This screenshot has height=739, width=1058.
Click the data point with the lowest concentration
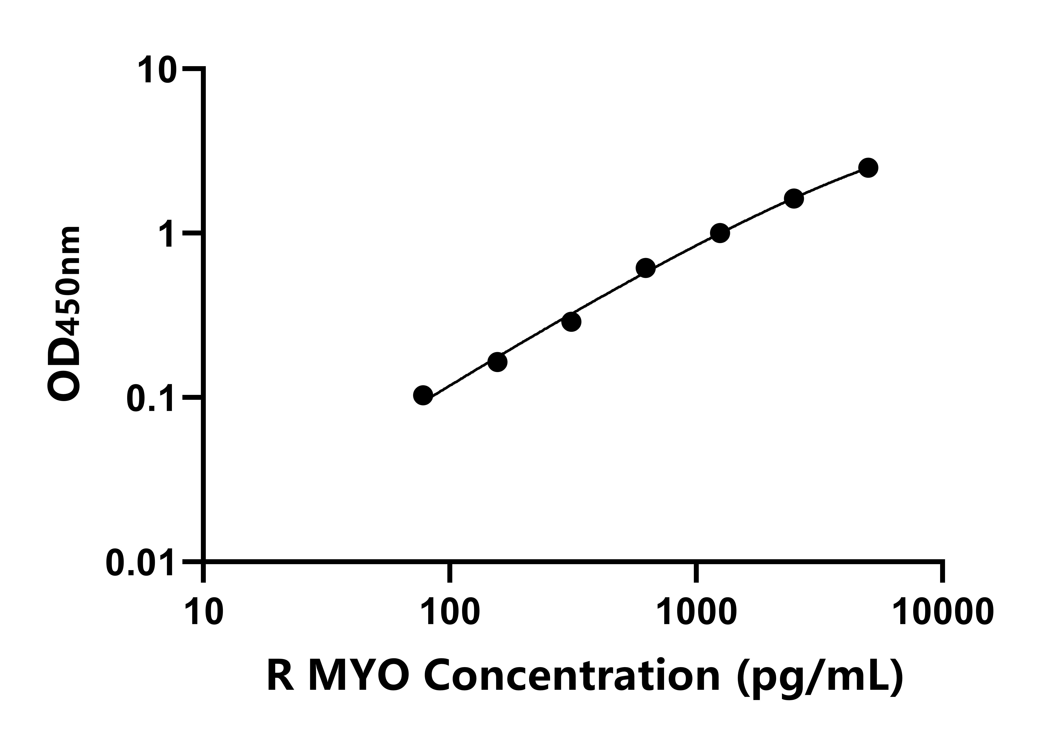pos(423,395)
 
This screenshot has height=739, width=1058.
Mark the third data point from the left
pos(571,322)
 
